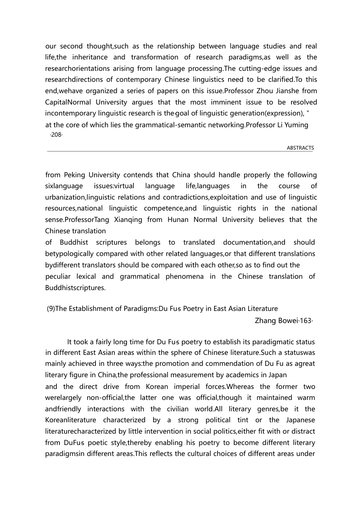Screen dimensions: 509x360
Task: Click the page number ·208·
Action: pyautogui.click(x=56, y=135)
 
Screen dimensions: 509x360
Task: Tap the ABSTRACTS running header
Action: pyautogui.click(x=300, y=148)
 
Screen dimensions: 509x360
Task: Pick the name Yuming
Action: pyautogui.click(x=297, y=125)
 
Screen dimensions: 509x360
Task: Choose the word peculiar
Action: pyautogui.click(x=58, y=276)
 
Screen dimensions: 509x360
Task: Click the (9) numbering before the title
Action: pyautogui.click(x=51, y=309)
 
